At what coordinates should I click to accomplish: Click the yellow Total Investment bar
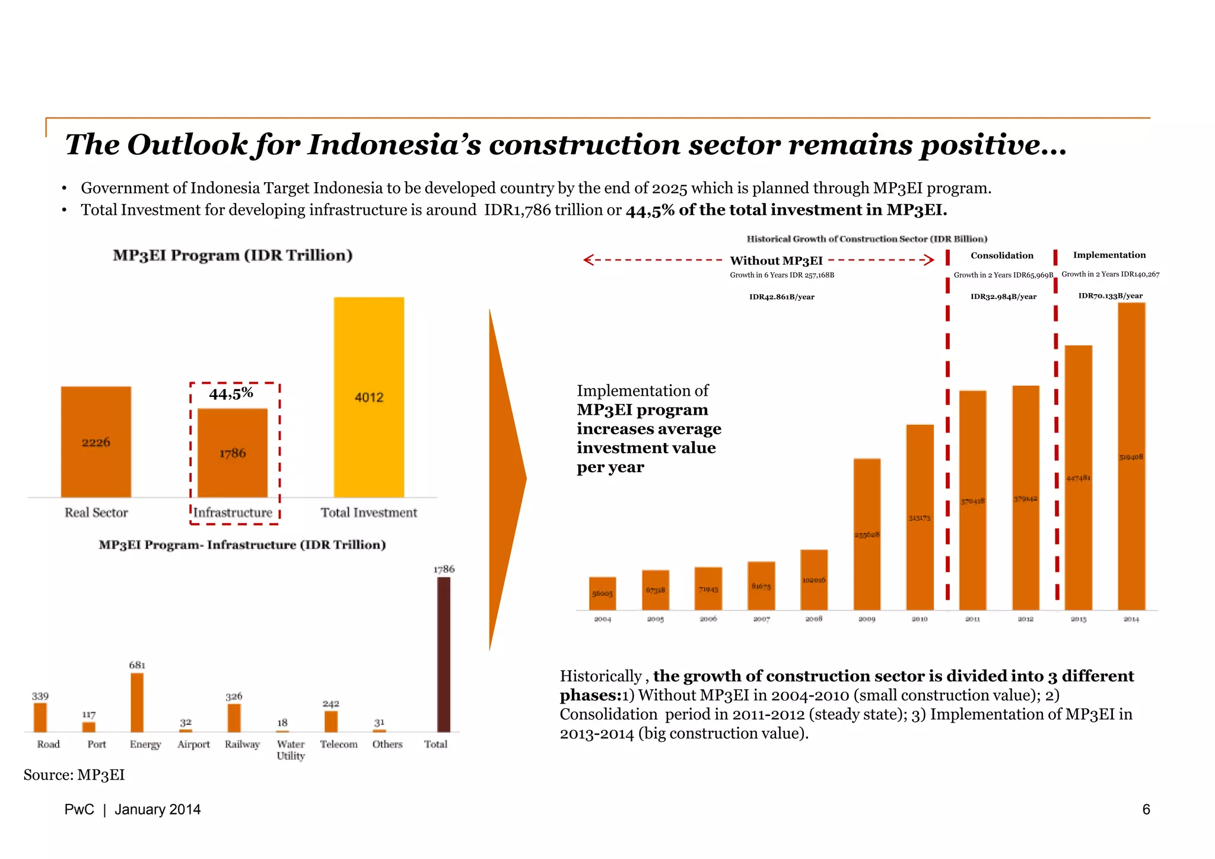pyautogui.click(x=368, y=397)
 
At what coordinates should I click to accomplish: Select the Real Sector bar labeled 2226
pyautogui.click(x=96, y=442)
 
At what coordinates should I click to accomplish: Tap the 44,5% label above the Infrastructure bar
pyautogui.click(x=231, y=393)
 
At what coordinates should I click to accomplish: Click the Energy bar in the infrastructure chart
pyautogui.click(x=137, y=702)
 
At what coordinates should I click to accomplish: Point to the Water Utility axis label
pyautogui.click(x=291, y=750)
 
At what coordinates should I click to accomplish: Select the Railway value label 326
pyautogui.click(x=234, y=696)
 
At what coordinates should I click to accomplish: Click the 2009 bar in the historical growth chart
pyautogui.click(x=867, y=534)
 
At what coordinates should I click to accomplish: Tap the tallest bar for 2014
pyautogui.click(x=1131, y=456)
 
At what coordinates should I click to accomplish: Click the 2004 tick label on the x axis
pyautogui.click(x=602, y=619)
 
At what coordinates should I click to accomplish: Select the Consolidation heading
pyautogui.click(x=1001, y=256)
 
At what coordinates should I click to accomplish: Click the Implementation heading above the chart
pyautogui.click(x=1109, y=255)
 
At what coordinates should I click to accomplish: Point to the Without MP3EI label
pyautogui.click(x=776, y=260)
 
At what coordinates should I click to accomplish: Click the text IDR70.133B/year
pyautogui.click(x=1110, y=295)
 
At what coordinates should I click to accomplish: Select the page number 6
pyautogui.click(x=1146, y=809)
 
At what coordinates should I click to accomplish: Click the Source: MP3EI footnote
pyautogui.click(x=74, y=775)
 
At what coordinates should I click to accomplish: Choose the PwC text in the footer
pyautogui.click(x=79, y=810)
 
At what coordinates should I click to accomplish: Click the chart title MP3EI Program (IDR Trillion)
pyautogui.click(x=233, y=255)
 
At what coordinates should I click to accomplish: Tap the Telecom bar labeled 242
pyautogui.click(x=331, y=721)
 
